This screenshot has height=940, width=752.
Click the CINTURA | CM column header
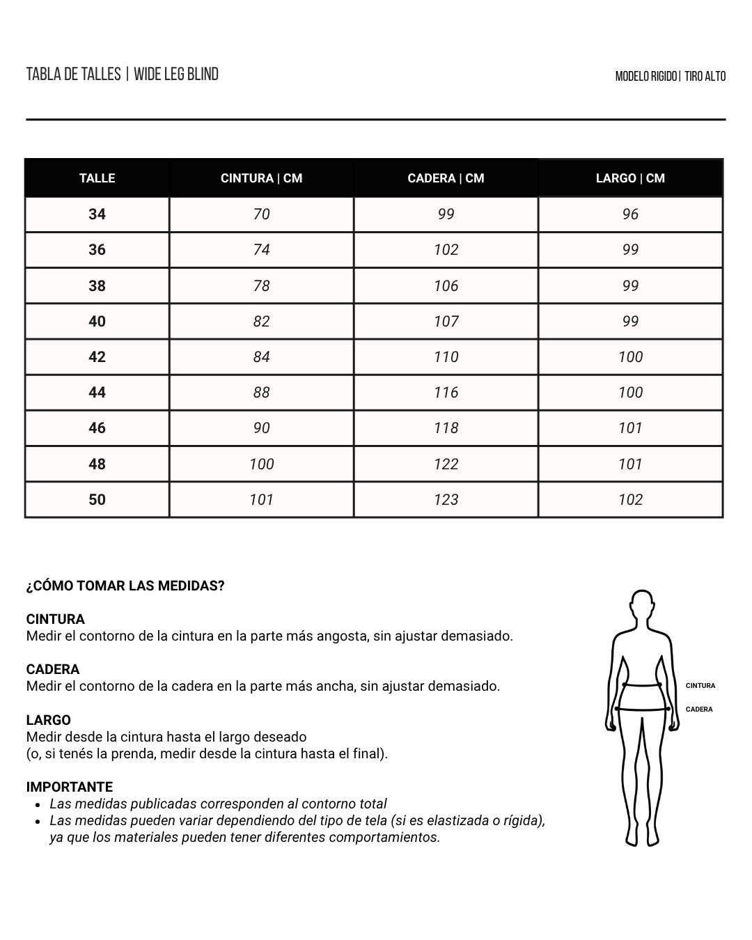(261, 178)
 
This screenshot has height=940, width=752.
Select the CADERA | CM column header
(446, 178)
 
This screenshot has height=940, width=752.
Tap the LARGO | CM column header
(630, 178)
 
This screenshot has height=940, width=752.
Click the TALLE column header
(97, 178)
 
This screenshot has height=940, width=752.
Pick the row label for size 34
(97, 214)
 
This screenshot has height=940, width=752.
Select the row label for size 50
(97, 499)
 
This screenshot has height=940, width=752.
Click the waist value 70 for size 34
(261, 214)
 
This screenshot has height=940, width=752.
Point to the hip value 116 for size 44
(446, 393)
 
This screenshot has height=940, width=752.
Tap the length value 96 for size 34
(630, 214)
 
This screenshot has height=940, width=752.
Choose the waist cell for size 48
(261, 464)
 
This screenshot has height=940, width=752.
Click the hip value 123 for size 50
(446, 499)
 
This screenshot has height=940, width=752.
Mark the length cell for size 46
(630, 428)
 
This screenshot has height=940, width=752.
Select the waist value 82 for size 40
(261, 321)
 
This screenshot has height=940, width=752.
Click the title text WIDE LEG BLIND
(176, 74)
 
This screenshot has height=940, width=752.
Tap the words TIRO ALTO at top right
(705, 76)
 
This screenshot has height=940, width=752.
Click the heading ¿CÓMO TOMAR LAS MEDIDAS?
(125, 586)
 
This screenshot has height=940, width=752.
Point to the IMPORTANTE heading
(70, 787)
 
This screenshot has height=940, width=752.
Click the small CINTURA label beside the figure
(700, 686)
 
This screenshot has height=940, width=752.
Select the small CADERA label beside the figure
(699, 710)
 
